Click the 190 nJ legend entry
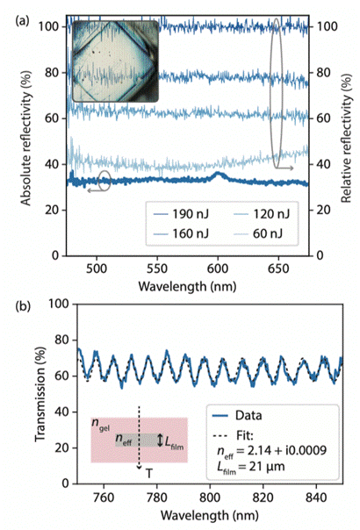181,214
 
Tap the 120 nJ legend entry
262,214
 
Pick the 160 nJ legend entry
181,233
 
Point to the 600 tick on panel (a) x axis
218,269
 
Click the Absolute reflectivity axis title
26,139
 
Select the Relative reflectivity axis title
346,140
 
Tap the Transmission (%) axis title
40,394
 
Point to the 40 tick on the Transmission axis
62,412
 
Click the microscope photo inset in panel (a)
115,61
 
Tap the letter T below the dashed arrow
149,474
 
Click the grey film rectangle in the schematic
137,440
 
